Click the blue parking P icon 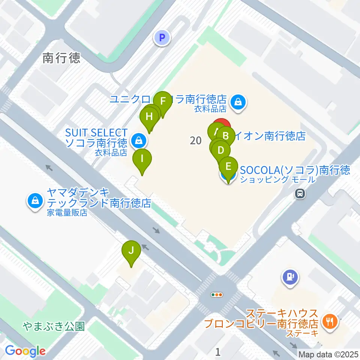tap(162, 37)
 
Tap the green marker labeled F tap(163, 102)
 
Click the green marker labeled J tap(131, 250)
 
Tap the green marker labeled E tap(228, 166)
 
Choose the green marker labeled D tap(221, 151)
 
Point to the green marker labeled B tap(226, 135)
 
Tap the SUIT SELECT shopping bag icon tap(138, 141)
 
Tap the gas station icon tap(290, 277)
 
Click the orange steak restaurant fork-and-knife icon tap(330, 321)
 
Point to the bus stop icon tap(300, 194)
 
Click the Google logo tap(25, 351)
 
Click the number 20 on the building tap(195, 141)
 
